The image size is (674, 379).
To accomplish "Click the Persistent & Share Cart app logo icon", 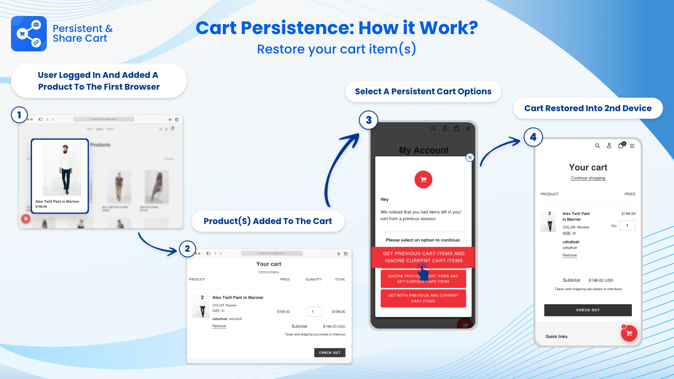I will pyautogui.click(x=29, y=34).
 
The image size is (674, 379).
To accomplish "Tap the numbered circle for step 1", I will pyautogui.click(x=19, y=115).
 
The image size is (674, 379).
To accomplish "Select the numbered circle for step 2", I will pyautogui.click(x=187, y=249).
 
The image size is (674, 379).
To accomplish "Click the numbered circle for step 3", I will pyautogui.click(x=369, y=120).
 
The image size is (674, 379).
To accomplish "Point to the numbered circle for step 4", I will pyautogui.click(x=533, y=137).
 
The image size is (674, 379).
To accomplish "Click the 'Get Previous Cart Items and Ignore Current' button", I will pyautogui.click(x=423, y=257).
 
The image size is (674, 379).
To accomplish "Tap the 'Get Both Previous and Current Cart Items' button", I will pyautogui.click(x=423, y=298).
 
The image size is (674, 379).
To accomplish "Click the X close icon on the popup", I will pyautogui.click(x=470, y=157).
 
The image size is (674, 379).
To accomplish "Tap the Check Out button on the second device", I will pyautogui.click(x=588, y=310).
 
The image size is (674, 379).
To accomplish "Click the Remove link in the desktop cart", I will pyautogui.click(x=219, y=326).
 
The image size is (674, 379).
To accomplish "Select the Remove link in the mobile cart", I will pyautogui.click(x=570, y=255).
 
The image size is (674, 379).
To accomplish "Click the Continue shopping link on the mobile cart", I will pyautogui.click(x=588, y=178).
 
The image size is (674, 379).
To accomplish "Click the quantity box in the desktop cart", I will pyautogui.click(x=314, y=312).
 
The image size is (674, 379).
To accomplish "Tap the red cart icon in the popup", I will pyautogui.click(x=423, y=180).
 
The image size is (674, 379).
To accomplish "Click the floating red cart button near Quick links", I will pyautogui.click(x=629, y=334).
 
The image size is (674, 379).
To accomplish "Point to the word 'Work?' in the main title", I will pyautogui.click(x=449, y=28).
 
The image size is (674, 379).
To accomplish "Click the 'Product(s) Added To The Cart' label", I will pyautogui.click(x=267, y=221).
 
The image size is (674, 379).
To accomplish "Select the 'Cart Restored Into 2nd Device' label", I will pyautogui.click(x=588, y=108).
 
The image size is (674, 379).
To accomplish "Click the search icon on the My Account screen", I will pyautogui.click(x=433, y=129).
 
